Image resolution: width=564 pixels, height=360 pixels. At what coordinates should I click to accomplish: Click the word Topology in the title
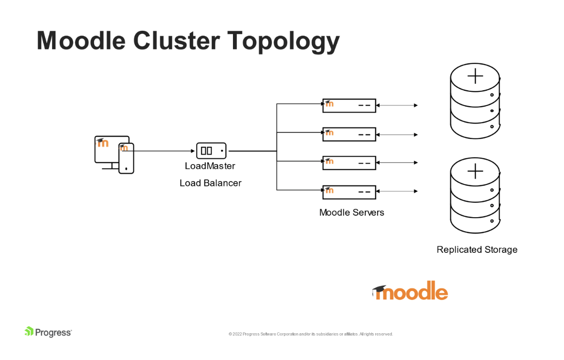tap(283, 41)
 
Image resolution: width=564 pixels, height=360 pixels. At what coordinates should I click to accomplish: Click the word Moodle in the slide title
tap(80, 41)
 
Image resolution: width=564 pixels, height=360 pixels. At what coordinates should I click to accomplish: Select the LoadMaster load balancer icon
tap(211, 151)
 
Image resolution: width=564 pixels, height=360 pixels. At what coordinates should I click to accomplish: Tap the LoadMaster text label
tap(210, 166)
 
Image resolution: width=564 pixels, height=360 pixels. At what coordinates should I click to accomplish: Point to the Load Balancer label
tap(210, 183)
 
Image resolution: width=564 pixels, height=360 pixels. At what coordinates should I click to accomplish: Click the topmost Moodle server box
tap(349, 105)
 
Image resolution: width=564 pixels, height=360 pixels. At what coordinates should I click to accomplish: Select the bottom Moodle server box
tap(349, 192)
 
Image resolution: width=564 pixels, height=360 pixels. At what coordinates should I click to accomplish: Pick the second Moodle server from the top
tap(349, 134)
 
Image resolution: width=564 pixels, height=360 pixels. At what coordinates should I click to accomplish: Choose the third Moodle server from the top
tap(349, 163)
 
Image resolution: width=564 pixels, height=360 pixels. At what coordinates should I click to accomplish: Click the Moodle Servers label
tap(351, 213)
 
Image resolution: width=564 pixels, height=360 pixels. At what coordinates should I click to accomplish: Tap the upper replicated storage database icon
tap(475, 102)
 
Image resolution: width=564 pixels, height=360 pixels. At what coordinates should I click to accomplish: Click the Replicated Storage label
tap(477, 250)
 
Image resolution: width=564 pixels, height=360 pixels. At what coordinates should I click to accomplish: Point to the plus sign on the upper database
tap(475, 76)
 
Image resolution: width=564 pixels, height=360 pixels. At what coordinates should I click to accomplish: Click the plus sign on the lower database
tap(475, 171)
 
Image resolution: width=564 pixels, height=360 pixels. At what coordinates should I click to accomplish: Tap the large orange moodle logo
tap(410, 292)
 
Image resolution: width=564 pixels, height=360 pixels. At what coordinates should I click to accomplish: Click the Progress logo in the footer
tap(48, 332)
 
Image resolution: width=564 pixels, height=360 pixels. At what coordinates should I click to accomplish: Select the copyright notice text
tap(311, 334)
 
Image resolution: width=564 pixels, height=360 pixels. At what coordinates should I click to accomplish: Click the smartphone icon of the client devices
tap(126, 158)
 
